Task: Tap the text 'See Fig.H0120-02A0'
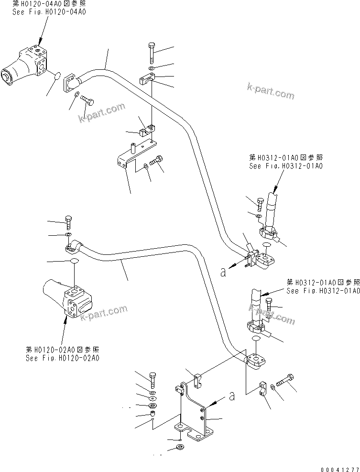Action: pos(64,358)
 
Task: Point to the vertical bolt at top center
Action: pos(152,52)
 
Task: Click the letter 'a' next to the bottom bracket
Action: pos(232,396)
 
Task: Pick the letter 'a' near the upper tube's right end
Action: pos(223,272)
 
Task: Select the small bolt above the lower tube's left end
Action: pos(68,222)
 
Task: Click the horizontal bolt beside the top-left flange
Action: pos(87,100)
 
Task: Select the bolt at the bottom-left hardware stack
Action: pos(152,379)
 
